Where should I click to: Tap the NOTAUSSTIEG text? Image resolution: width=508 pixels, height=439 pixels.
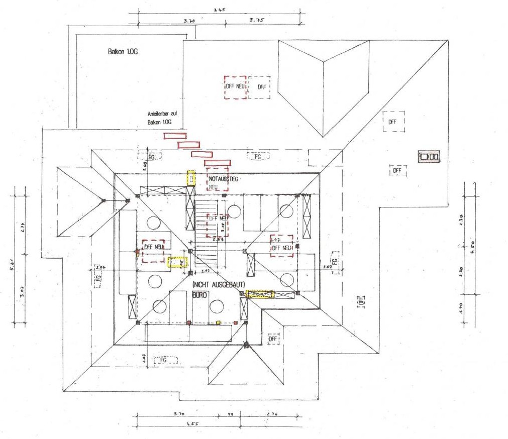224,178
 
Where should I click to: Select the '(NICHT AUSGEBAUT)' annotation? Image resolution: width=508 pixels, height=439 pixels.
219,284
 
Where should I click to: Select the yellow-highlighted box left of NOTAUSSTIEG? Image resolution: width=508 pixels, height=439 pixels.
191,178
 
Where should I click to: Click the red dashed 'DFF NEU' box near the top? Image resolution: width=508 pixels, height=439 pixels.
235,87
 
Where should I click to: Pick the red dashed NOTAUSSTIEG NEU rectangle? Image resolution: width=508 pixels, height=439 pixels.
218,179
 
